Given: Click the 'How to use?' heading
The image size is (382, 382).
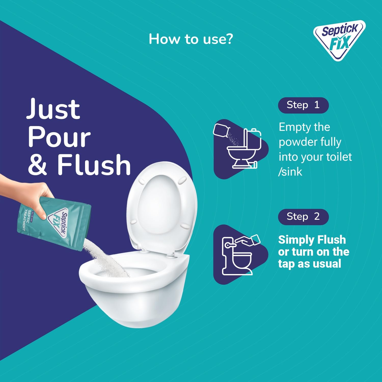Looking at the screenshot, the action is click(x=191, y=39).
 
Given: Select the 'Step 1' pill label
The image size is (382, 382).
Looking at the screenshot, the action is click(x=303, y=105).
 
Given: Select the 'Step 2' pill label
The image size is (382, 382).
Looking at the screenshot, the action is click(x=303, y=217).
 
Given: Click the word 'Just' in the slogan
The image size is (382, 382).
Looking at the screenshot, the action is click(x=53, y=109).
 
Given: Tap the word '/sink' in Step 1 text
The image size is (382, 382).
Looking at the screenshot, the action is click(x=290, y=172).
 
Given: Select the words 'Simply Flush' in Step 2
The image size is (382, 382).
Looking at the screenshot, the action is click(x=312, y=240).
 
